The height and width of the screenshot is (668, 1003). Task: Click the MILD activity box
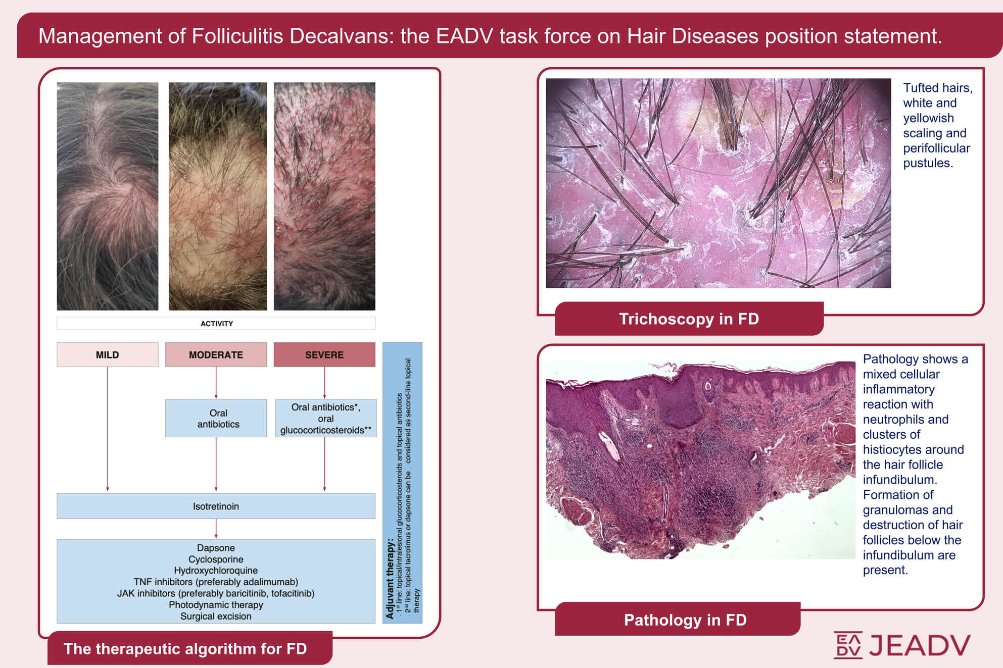107,354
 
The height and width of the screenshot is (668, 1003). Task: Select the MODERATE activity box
216,354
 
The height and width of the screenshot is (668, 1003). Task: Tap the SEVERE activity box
324,354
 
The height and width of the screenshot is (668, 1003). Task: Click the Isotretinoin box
216,506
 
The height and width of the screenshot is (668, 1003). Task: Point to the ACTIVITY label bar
216,323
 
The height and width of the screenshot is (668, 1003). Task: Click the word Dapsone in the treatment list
216,548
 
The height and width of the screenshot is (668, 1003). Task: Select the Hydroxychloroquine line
216,571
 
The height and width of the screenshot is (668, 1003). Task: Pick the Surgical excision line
216,616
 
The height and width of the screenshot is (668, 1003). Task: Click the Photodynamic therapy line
216,605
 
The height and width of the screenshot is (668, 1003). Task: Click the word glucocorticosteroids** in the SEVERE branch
326,430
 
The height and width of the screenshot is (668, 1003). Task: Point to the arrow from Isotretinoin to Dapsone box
216,529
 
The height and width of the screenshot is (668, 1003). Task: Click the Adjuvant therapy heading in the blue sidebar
390,579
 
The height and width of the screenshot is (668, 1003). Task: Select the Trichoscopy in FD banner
689,319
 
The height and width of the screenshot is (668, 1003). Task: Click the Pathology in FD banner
678,619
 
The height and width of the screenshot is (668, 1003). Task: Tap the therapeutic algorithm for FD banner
190,648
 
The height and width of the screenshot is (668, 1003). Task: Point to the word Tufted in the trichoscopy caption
921,88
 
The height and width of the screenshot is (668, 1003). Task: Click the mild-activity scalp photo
107,196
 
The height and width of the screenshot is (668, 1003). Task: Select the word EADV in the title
464,36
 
